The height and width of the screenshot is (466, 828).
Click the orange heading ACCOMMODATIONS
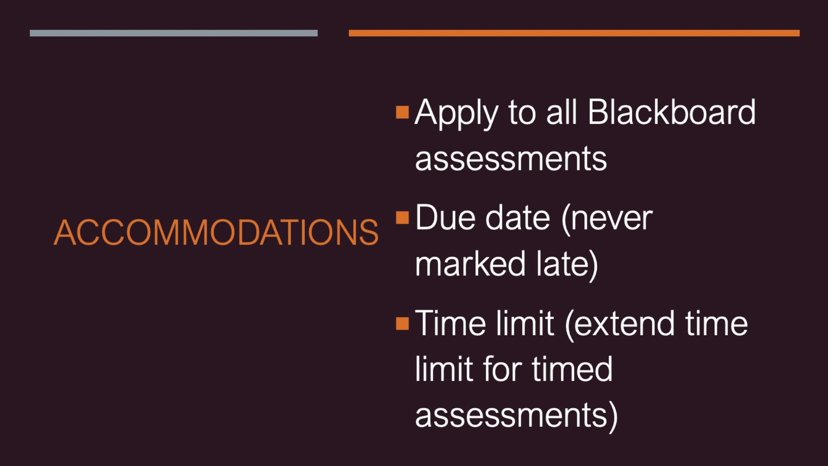[x=216, y=232]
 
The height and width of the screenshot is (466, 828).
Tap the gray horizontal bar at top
[x=174, y=33]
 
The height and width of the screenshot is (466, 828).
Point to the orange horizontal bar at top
[x=574, y=33]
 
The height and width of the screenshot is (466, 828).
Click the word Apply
[x=456, y=113]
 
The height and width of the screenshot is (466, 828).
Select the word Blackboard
[x=671, y=112]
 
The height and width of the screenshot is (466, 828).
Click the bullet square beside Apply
[x=402, y=112]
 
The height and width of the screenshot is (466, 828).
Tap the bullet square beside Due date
[x=402, y=217]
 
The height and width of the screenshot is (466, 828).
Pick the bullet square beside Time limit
[x=402, y=323]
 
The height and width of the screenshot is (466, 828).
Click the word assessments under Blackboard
[x=511, y=159]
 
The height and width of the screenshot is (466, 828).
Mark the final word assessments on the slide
[x=516, y=416]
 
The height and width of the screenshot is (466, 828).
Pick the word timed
[x=572, y=369]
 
